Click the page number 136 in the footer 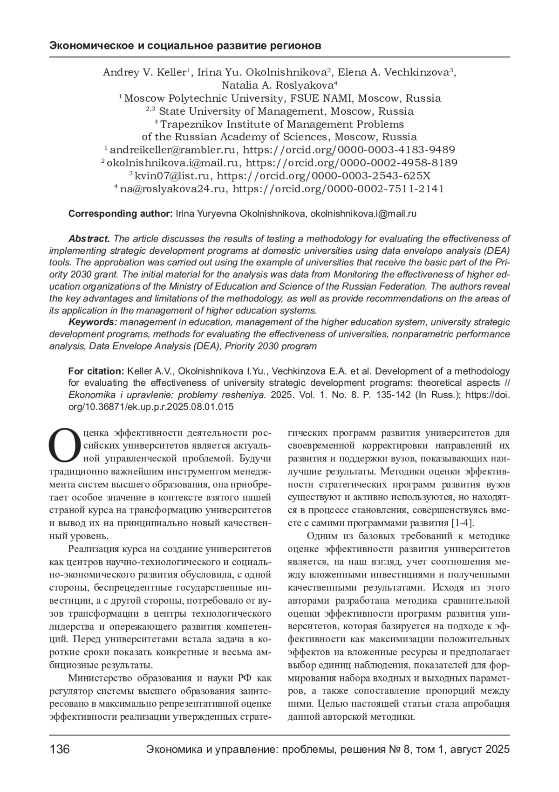tap(60, 750)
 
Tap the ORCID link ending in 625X tap(324, 176)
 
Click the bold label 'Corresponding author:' tap(121, 214)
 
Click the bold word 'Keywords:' tap(93, 322)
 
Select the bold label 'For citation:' tap(95, 371)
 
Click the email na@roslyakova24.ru tap(174, 189)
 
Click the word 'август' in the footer tap(467, 750)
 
